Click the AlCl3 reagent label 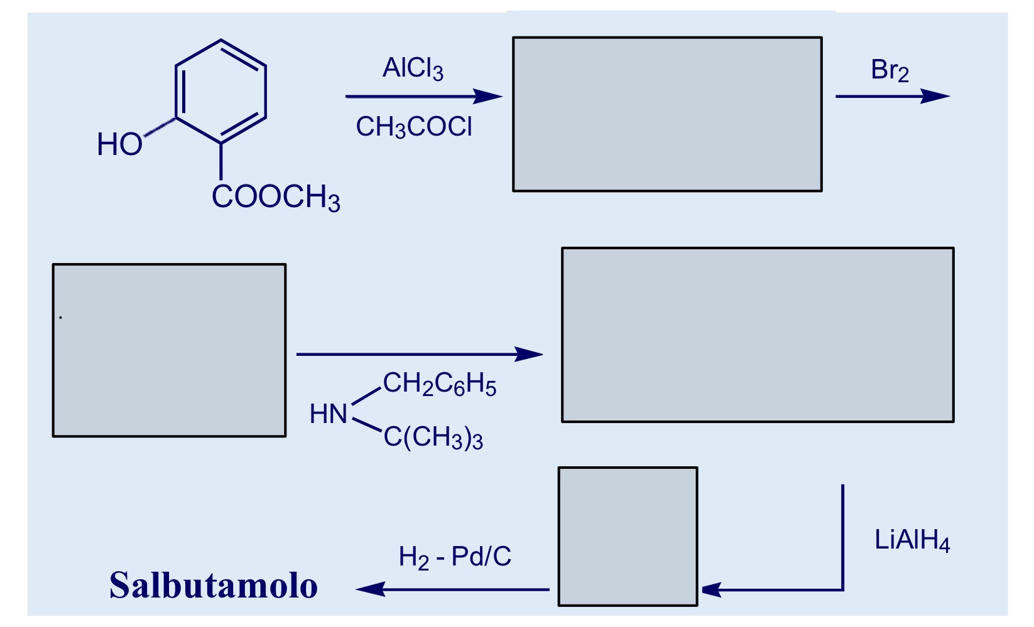(x=413, y=69)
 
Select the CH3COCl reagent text (x=413, y=127)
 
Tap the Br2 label (x=890, y=70)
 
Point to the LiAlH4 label (x=912, y=540)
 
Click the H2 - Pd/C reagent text (x=455, y=557)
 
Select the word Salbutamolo (x=214, y=586)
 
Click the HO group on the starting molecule (x=119, y=144)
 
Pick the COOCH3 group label (x=276, y=198)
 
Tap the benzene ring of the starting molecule (x=220, y=92)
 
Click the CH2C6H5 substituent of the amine (x=439, y=384)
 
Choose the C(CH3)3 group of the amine (x=433, y=437)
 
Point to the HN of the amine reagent (x=328, y=414)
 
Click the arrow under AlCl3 (x=423, y=97)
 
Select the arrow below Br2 (x=891, y=97)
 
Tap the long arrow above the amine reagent (x=419, y=355)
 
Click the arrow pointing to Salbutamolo (x=452, y=589)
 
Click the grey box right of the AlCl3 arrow (x=667, y=114)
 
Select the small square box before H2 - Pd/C (x=628, y=537)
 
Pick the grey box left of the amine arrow (x=169, y=350)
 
